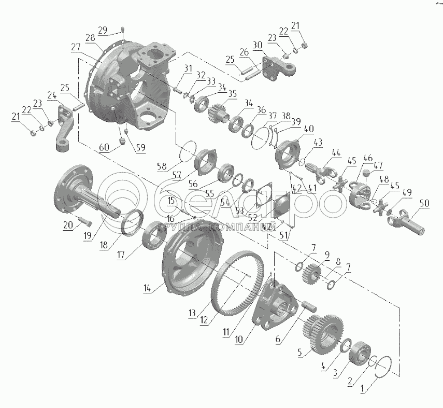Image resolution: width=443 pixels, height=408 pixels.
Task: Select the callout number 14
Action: (147, 288)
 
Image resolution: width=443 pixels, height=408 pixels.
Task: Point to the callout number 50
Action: (425, 203)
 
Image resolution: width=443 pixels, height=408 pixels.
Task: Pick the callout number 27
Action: (76, 47)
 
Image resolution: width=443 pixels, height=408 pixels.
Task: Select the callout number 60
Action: (104, 147)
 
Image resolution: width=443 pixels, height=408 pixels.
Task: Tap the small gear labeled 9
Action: (312, 274)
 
